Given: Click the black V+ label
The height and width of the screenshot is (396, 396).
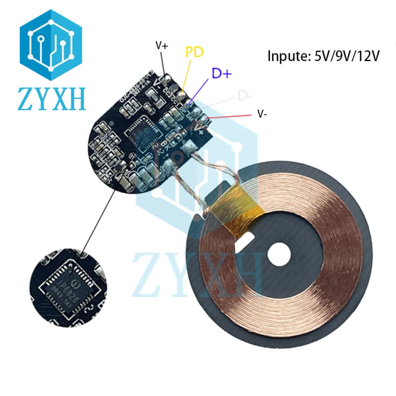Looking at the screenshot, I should [162, 46].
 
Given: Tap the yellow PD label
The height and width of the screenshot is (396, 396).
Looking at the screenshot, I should [194, 51].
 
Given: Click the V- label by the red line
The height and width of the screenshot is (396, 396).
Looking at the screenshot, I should [263, 114].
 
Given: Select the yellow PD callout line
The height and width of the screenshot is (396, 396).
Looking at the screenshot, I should [187, 74].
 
